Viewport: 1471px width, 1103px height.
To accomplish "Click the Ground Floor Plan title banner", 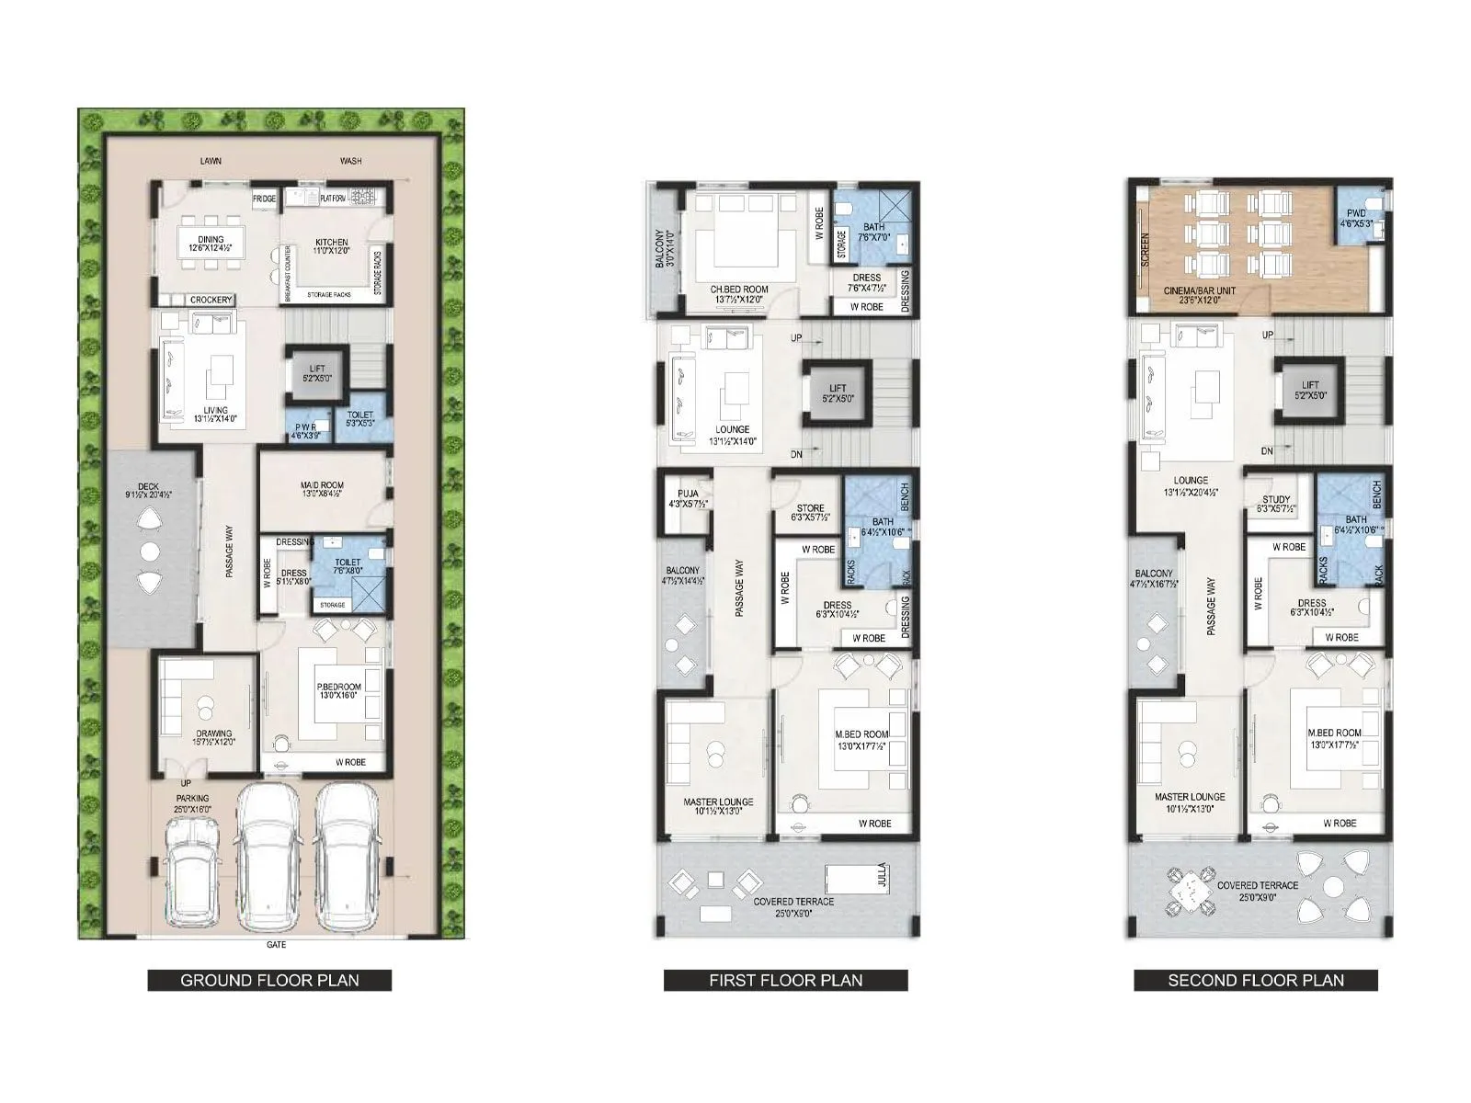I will (x=269, y=980).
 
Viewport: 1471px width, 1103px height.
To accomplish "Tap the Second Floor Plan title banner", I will (x=1255, y=980).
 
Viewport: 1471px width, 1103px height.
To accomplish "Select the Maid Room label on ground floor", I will (x=322, y=489).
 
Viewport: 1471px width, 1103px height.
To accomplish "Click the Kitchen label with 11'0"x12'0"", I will (x=332, y=245).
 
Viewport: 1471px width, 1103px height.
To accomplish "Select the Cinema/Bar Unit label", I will (x=1199, y=295).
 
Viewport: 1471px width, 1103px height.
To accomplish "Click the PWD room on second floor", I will (x=1357, y=219).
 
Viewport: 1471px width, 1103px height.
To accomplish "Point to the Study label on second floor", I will (x=1276, y=504).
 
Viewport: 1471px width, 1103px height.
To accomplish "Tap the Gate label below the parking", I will (x=276, y=945).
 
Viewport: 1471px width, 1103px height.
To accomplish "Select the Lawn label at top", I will (x=211, y=161).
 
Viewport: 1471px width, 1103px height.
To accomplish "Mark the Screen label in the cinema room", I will (x=1146, y=248).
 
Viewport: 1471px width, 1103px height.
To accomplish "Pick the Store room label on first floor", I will (x=810, y=512).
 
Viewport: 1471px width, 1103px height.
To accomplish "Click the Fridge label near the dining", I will (x=264, y=199).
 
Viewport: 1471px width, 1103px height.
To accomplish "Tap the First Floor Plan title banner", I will (x=785, y=980).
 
